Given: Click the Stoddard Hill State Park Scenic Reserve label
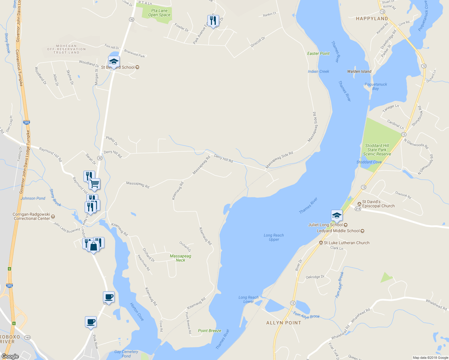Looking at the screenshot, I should pos(377,150).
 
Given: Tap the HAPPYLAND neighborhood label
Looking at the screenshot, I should pos(372,19).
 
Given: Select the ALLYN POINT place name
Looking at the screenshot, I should pos(284,323).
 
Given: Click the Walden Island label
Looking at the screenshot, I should pos(359,71).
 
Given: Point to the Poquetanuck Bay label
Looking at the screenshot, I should pos(376,86).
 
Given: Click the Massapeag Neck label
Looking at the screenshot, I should pos(180,258).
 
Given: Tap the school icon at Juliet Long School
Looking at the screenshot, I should pos(337,215).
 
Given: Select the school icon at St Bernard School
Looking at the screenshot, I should pos(114,62).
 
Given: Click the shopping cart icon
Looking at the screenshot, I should pos(94,184).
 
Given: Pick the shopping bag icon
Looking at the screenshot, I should pos(94,247).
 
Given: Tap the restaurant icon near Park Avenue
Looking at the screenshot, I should pos(213,21).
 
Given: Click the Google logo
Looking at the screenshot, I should pos(10,356).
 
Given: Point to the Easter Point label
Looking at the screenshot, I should pos(318,53).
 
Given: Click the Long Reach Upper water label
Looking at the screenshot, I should pos(274,237).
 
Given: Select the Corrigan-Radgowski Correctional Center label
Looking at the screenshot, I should pos(32,216).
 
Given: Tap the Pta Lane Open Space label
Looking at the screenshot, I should pos(159,13).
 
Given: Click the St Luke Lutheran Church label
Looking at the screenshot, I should pos(346,243).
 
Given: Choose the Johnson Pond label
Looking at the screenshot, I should pos(33,198).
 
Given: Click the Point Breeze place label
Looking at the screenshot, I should pos(209,331).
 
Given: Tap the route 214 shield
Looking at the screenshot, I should pos(358,209).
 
